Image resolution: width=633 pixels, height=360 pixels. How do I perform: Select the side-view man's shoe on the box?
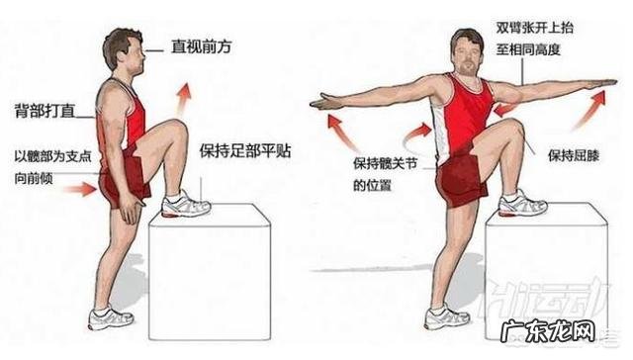tap(185, 206)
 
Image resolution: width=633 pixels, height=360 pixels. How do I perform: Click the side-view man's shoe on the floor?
tap(110, 317)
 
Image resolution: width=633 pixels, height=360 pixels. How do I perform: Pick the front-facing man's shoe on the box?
tap(520, 205)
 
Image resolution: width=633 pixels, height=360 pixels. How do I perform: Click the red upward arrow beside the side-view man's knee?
tap(183, 100)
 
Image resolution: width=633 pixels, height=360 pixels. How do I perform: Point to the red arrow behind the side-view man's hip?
tap(84, 187)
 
